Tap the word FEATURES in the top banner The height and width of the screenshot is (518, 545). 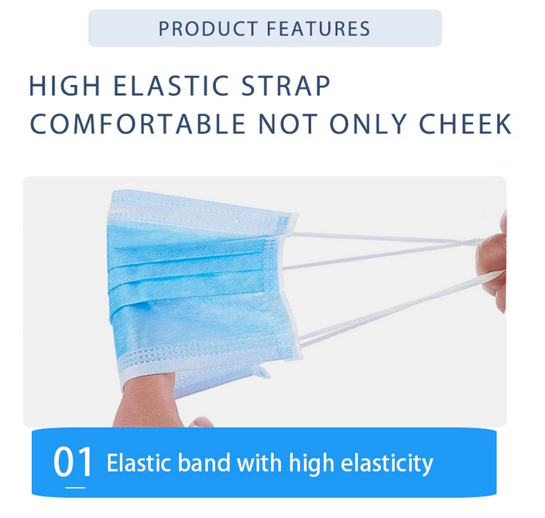(318, 29)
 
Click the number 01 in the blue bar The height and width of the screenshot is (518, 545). (73, 462)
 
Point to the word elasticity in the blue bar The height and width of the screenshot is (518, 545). (382, 464)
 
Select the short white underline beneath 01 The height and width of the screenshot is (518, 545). (76, 487)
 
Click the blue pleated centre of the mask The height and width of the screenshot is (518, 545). (194, 278)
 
